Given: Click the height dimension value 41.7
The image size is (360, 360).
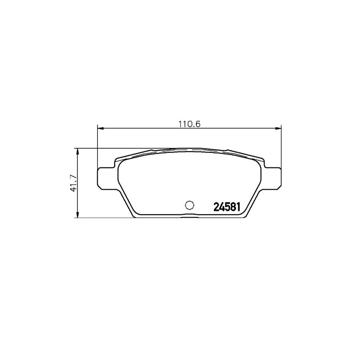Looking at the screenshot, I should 73,183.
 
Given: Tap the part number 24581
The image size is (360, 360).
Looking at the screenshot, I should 227,207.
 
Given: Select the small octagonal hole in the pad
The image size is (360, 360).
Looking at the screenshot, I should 190,205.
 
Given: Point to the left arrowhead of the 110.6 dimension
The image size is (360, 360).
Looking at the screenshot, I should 100,128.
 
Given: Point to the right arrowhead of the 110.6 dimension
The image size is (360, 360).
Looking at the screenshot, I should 278,128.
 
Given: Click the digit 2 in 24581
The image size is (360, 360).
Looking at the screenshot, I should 216,207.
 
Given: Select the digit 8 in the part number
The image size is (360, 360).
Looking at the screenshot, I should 232,207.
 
